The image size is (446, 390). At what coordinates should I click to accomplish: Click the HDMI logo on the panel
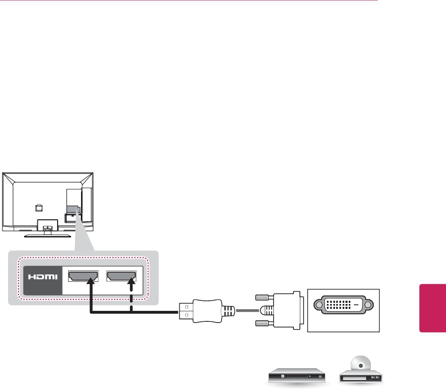point(42,277)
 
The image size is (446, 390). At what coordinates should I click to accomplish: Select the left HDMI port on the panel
point(84,276)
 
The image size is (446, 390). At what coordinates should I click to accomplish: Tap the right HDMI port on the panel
point(121,276)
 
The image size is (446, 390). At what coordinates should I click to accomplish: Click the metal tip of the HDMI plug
point(185,312)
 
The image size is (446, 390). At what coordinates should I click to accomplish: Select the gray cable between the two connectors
point(248,311)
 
